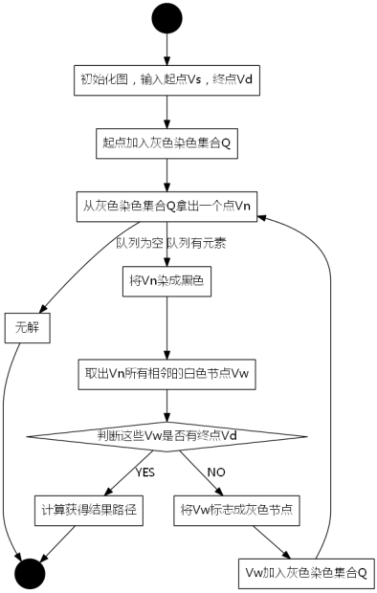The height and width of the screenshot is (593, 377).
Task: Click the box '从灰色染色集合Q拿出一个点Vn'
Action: click(x=168, y=207)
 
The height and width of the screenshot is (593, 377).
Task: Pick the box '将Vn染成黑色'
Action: click(x=168, y=282)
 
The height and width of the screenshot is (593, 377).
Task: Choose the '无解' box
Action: click(x=25, y=328)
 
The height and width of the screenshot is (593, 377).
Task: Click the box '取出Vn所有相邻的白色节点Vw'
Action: click(x=168, y=373)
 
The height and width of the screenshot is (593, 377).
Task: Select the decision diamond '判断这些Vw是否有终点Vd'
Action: click(x=168, y=435)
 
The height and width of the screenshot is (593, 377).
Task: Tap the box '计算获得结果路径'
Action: click(x=89, y=510)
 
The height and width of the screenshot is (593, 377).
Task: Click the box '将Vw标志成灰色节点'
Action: click(x=236, y=510)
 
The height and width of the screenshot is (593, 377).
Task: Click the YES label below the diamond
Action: click(x=144, y=472)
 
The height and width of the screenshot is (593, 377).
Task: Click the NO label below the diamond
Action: click(x=216, y=472)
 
